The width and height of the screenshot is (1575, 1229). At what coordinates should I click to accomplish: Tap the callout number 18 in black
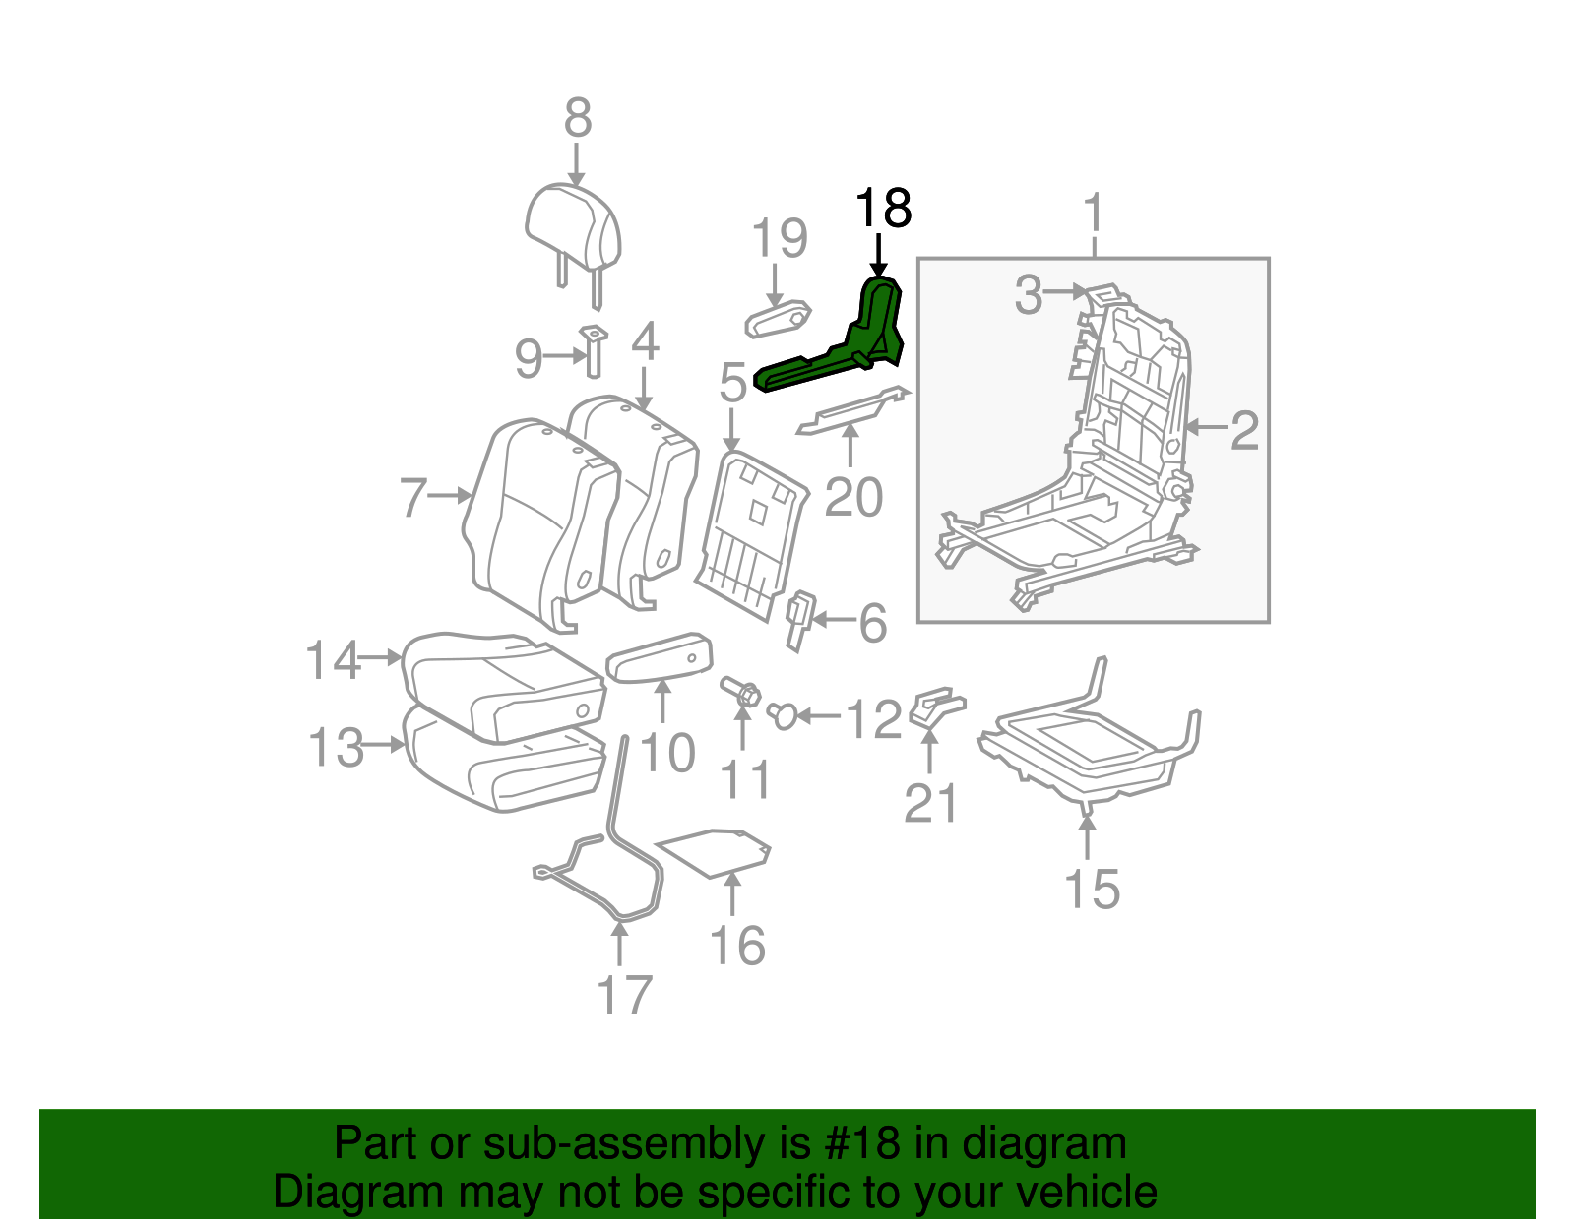click(883, 209)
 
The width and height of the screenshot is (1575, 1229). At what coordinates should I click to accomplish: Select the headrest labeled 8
click(573, 231)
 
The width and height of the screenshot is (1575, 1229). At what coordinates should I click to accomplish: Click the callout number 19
click(780, 239)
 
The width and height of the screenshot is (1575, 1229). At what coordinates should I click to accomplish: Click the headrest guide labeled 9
click(594, 350)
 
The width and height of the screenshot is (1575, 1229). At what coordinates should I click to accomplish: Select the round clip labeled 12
click(784, 715)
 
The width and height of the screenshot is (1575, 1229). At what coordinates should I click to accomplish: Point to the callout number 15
click(1092, 890)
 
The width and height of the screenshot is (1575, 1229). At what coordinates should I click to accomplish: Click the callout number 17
click(624, 995)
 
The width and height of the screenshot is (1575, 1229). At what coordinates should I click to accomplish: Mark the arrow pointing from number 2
click(1207, 427)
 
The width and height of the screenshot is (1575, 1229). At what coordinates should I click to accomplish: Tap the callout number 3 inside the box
click(1029, 294)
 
